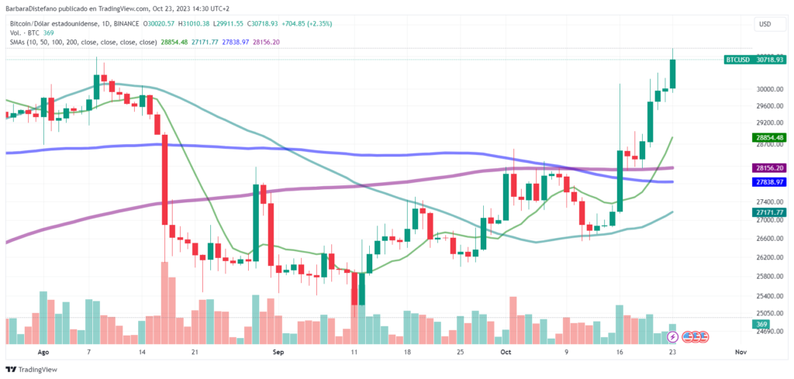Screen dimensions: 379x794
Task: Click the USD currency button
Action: coord(765,25)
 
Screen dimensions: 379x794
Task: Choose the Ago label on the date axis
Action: coord(43,351)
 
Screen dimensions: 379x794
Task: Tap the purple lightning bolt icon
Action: coord(673,337)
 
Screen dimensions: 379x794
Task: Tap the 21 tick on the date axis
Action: coord(195,351)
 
